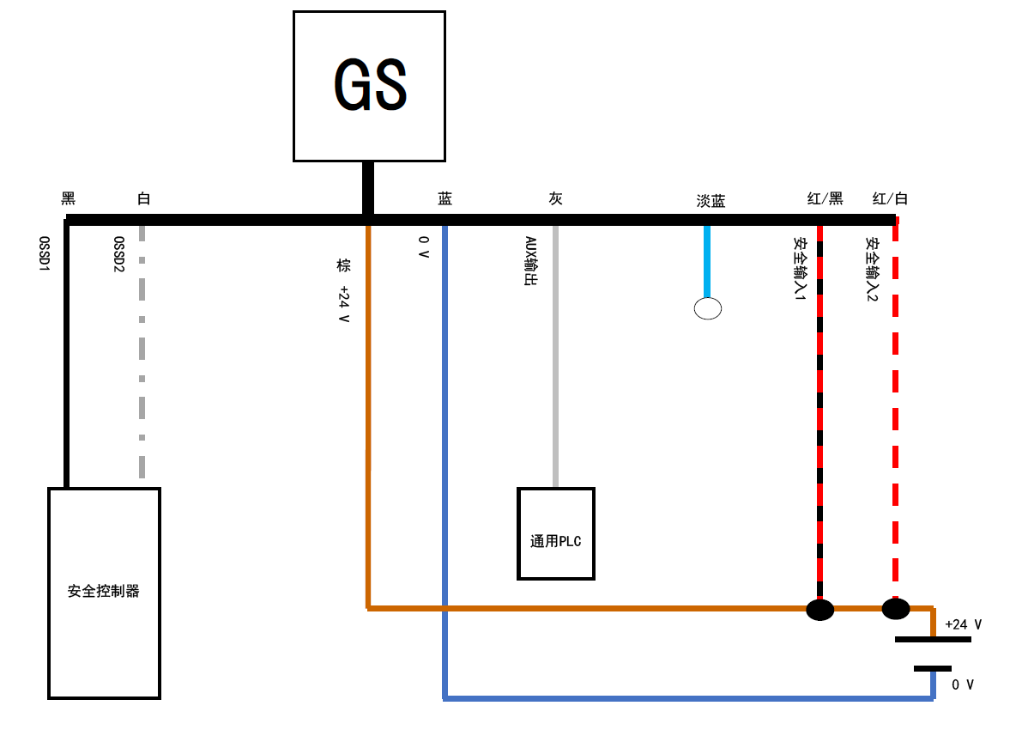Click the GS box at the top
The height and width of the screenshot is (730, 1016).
click(369, 86)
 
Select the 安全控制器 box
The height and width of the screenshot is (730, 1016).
click(104, 593)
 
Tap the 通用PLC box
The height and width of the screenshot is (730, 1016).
click(555, 533)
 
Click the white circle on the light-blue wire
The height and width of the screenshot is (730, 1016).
click(707, 308)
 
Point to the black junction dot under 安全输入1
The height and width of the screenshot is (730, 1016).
click(819, 610)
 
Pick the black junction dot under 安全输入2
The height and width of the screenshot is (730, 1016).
click(895, 609)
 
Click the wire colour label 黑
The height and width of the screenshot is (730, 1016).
click(69, 198)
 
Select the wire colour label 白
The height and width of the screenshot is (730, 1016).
click(143, 198)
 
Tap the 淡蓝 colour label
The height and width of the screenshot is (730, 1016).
click(711, 201)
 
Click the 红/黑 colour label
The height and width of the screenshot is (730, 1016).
click(825, 198)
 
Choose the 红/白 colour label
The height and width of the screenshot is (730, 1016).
click(890, 198)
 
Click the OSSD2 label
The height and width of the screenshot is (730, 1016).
click(119, 254)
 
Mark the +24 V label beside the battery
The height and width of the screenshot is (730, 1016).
click(963, 624)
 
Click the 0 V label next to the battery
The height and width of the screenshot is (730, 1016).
click(963, 684)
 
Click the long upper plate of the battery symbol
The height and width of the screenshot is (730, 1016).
click(933, 639)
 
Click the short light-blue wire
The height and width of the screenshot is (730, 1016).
click(707, 262)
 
